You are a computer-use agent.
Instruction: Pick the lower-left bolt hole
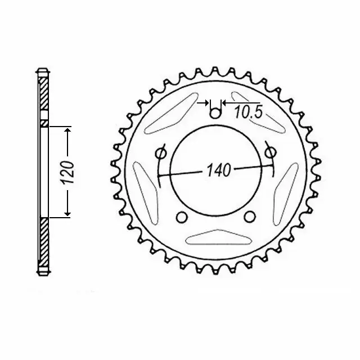pos(181,217)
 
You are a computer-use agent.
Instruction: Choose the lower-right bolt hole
pos(248,217)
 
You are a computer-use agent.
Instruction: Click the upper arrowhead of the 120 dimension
pos(67,130)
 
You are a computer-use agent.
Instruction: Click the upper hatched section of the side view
pos(44,96)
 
